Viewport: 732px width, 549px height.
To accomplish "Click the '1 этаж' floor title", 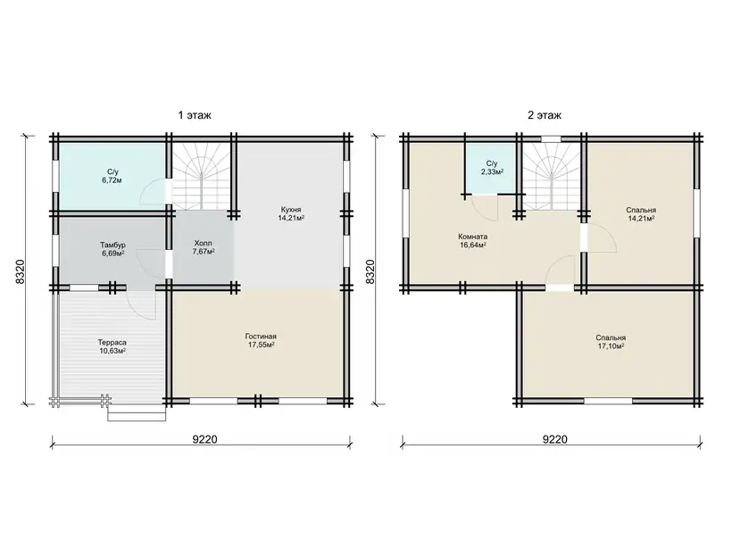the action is point(195,115).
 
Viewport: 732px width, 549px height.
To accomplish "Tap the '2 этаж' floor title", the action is point(545,115).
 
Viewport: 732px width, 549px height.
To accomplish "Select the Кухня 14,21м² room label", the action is point(291,213).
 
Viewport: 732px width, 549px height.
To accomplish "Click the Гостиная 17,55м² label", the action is point(261,340).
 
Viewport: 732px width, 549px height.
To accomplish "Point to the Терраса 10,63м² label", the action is point(112,346).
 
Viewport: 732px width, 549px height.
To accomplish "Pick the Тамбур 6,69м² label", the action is point(112,249).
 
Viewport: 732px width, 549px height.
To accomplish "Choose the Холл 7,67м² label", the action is point(203,247).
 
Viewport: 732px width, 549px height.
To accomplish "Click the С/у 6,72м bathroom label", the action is point(112,176).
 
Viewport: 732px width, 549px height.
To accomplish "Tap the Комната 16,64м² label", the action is point(472,240).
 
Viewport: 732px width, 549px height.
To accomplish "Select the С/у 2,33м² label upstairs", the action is point(492,168).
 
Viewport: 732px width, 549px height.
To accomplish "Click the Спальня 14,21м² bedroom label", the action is point(641,214).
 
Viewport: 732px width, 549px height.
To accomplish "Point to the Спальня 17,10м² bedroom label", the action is point(611,342).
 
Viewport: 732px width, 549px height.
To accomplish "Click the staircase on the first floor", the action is point(202,176).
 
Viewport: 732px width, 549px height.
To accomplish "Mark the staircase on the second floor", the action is point(552,176).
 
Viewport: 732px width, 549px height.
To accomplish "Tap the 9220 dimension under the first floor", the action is point(205,439).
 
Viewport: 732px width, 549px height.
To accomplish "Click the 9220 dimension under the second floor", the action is point(555,439).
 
